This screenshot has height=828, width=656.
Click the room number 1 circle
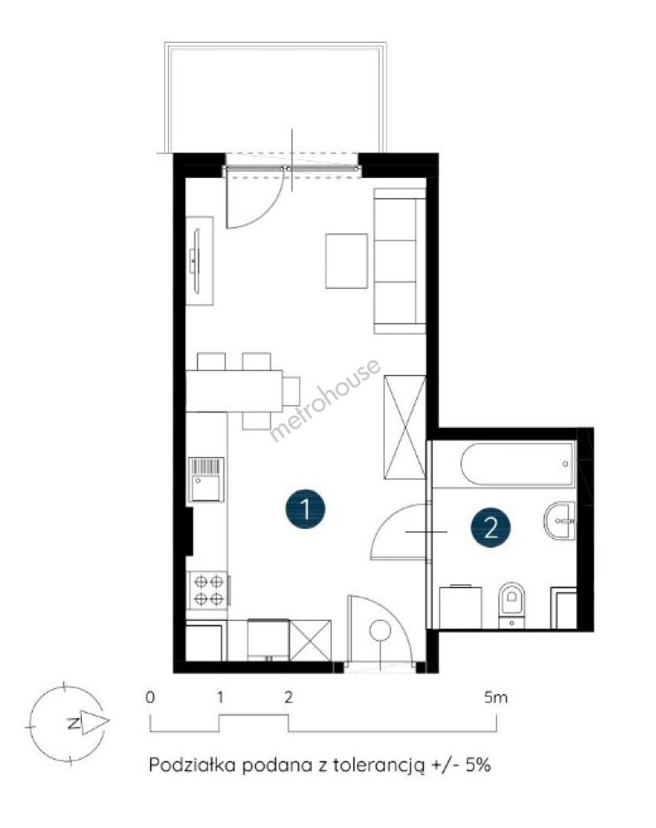305,509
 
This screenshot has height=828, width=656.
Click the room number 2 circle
490,527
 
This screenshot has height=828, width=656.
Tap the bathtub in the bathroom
517,464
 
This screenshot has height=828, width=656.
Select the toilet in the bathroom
512,605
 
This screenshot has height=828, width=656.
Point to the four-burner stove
208,590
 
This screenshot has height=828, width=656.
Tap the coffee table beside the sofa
346,261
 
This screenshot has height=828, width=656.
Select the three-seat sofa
399,261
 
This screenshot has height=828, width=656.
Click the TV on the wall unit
195,261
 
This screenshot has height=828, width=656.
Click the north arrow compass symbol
67,723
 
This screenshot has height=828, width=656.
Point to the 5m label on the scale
496,698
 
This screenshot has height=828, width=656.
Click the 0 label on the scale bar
150,698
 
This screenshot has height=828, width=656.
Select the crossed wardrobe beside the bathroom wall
405,427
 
